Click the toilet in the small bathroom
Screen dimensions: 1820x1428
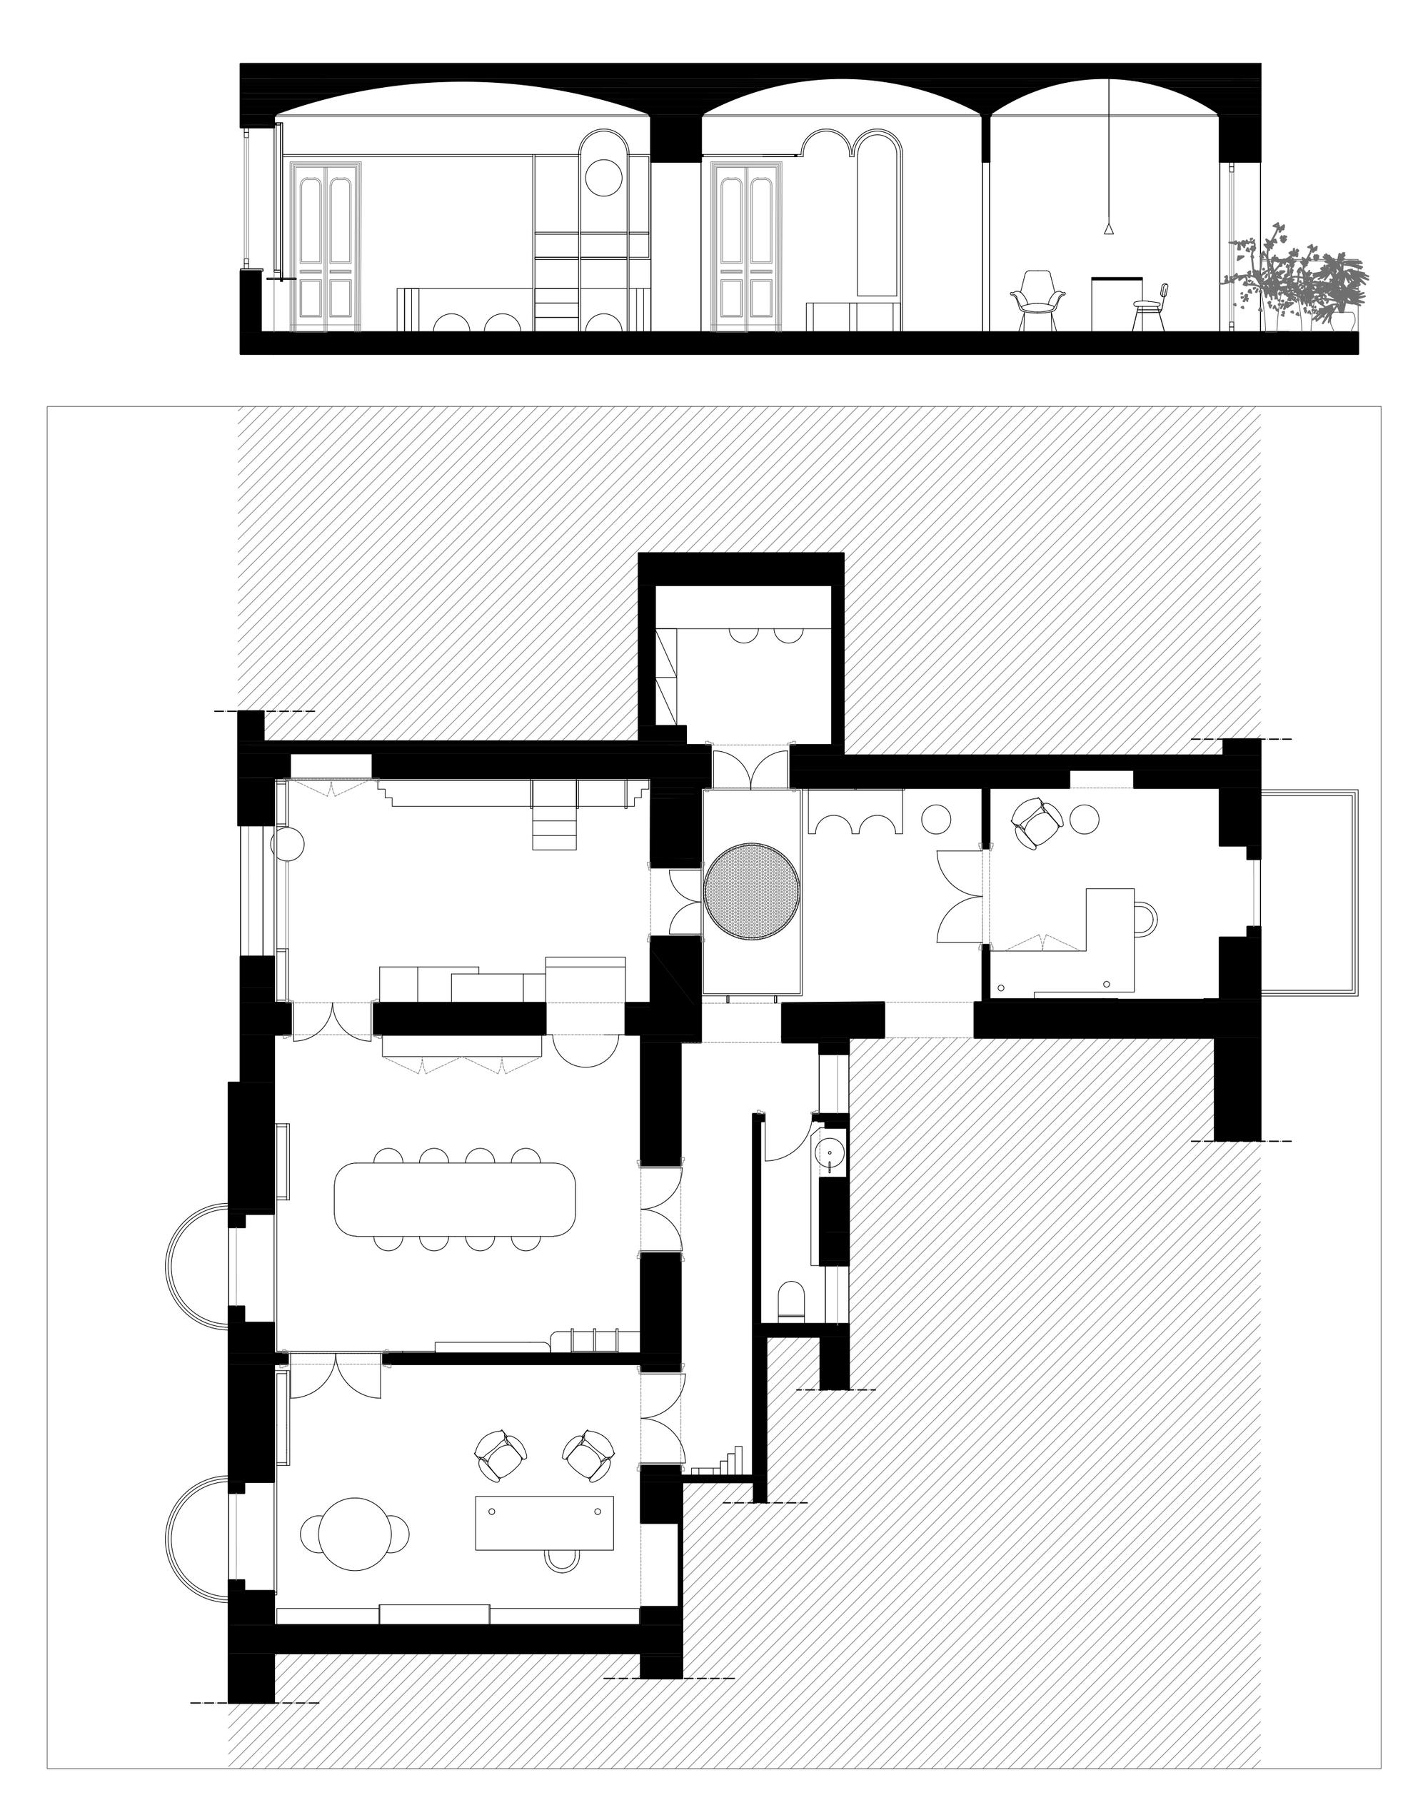point(791,1302)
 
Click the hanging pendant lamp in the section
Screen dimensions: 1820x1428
point(1109,227)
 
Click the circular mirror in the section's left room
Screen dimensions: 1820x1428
point(600,178)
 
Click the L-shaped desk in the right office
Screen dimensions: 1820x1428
point(1108,940)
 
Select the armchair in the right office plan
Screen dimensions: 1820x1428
point(1035,822)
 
